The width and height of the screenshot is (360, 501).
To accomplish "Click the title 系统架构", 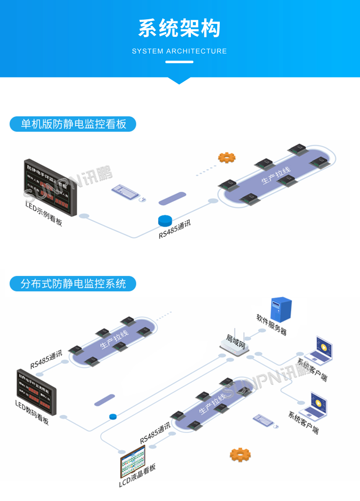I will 179,28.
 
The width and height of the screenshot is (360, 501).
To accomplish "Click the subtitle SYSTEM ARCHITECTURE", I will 179,51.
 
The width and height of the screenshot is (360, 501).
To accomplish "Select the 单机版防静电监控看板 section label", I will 73,124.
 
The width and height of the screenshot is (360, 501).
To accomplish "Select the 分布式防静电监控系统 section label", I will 73,284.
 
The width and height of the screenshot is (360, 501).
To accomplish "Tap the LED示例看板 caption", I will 44,214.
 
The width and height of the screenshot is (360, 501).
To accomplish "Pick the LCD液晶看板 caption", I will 137,476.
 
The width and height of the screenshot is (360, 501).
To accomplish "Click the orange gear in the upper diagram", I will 227,157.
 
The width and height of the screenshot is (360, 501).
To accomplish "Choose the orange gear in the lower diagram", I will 240,454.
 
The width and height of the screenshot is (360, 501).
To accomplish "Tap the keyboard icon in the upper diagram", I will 125,192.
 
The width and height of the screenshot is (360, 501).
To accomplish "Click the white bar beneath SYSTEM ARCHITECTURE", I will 179,62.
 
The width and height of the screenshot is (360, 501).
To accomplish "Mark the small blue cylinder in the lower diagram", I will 113,416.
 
